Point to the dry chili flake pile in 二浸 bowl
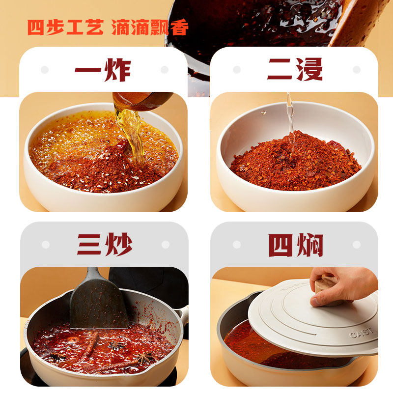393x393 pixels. (295, 160)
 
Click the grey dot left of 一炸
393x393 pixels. (45, 70)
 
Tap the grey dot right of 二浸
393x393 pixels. (356, 70)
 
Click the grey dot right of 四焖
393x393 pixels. (356, 245)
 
